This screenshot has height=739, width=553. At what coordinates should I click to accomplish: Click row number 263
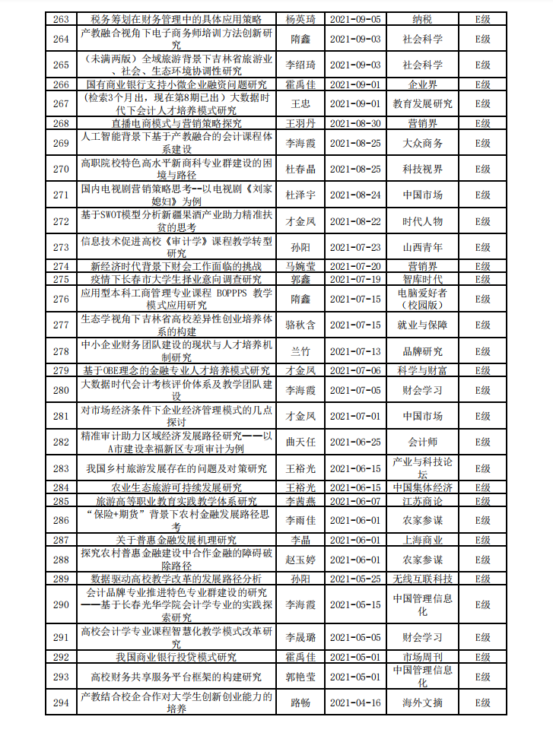[x=61, y=17]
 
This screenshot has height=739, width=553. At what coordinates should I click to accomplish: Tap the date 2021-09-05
[x=356, y=17]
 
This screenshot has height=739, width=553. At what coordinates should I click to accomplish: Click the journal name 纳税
[x=422, y=17]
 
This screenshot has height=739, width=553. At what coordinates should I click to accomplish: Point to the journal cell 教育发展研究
[x=422, y=103]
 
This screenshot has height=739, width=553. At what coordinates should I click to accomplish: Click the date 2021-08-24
[x=356, y=195]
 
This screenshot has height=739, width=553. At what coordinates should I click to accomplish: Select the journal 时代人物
[x=422, y=221]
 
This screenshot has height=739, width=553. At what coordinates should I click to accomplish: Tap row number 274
[x=61, y=266]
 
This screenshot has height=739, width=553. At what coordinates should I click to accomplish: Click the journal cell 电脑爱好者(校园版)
[x=422, y=299]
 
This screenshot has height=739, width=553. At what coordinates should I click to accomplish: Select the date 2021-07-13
[x=356, y=351]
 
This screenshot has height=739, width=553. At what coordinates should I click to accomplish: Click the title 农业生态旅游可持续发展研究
[x=176, y=487]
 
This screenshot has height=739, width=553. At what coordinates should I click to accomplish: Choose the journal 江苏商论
[x=422, y=501]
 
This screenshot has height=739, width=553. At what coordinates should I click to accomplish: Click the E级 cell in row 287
[x=482, y=540]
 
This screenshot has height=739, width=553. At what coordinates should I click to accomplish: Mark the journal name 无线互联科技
[x=422, y=579]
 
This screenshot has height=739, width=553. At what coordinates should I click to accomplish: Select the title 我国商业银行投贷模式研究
[x=176, y=656]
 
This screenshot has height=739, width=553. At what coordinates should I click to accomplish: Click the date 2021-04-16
[x=356, y=703]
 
